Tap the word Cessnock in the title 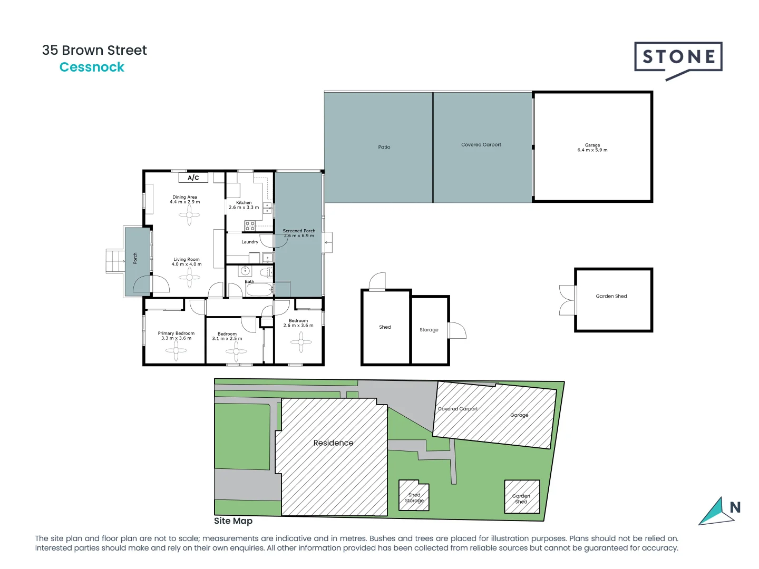[x=92, y=67]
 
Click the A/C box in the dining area [x=193, y=178]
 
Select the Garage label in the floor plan [x=592, y=148]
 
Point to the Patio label [x=384, y=147]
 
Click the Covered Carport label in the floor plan [x=481, y=144]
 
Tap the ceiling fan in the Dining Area [x=189, y=215]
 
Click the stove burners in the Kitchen [x=250, y=226]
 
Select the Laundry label [x=250, y=242]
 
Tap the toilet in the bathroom [x=267, y=272]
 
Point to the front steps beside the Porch [x=115, y=261]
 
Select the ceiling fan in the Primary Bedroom [x=176, y=350]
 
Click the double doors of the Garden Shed [x=567, y=300]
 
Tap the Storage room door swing [x=457, y=330]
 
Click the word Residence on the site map [x=333, y=443]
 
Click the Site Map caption [x=233, y=521]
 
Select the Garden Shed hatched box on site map [x=522, y=497]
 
